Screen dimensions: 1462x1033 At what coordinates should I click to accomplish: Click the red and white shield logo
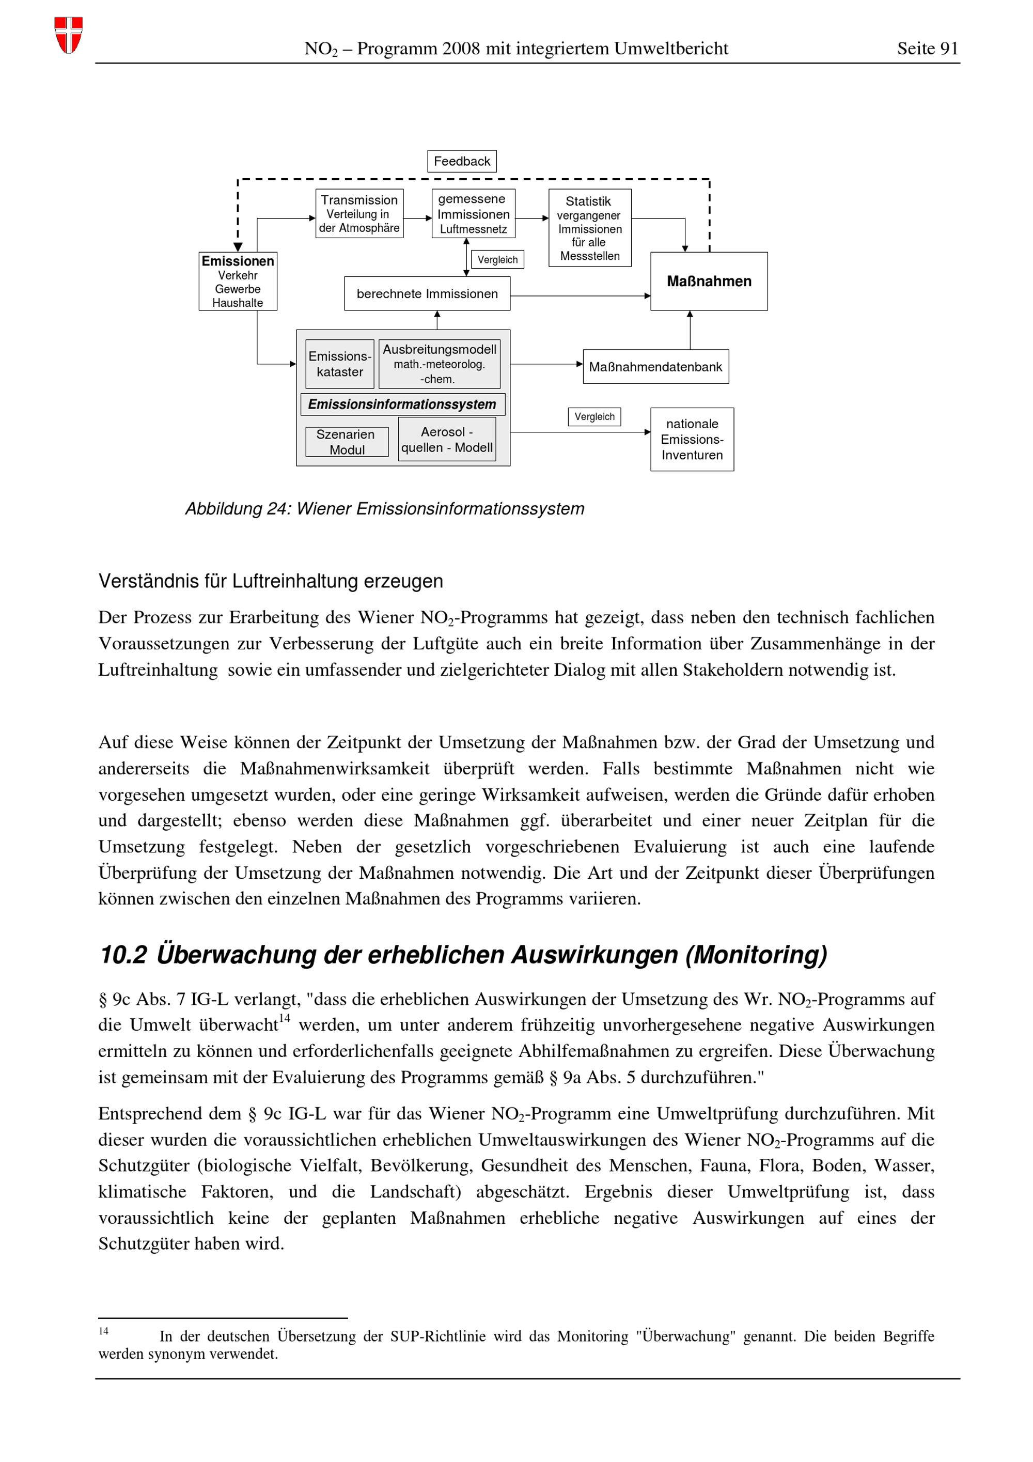click(68, 35)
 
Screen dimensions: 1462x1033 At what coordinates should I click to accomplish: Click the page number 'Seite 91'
click(927, 49)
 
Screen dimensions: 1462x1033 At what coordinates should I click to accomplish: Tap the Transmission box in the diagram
click(359, 213)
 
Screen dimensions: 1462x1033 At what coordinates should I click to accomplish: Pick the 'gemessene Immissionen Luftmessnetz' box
click(473, 213)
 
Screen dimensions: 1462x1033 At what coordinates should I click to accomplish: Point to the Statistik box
click(589, 228)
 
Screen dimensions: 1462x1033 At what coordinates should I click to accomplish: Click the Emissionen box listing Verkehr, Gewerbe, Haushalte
click(238, 281)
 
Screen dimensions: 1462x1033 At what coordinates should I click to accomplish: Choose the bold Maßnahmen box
click(709, 281)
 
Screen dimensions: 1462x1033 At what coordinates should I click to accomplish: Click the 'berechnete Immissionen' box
click(427, 293)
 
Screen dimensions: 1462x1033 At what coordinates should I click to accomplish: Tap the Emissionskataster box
click(339, 364)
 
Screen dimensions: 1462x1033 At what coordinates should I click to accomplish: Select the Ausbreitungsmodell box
click(439, 364)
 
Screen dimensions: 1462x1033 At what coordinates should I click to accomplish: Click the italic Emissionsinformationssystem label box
click(402, 405)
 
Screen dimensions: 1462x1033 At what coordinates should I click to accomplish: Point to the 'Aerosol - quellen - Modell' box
click(447, 439)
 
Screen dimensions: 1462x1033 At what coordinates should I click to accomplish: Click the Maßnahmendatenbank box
click(655, 367)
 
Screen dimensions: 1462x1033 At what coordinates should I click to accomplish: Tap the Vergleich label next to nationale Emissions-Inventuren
click(594, 416)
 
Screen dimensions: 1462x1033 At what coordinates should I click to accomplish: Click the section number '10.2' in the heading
click(123, 955)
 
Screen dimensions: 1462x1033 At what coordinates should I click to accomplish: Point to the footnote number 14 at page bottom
click(103, 1331)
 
